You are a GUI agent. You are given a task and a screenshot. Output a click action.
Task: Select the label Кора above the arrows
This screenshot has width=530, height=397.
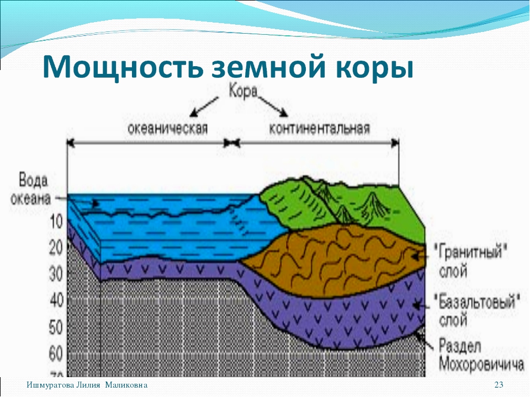pyautogui.click(x=243, y=92)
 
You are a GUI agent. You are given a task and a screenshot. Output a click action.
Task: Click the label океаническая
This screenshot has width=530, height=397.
pyautogui.click(x=167, y=128)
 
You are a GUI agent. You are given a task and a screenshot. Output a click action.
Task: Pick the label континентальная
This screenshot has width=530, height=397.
pyautogui.click(x=320, y=128)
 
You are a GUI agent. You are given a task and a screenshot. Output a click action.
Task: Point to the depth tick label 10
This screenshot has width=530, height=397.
pyautogui.click(x=56, y=222)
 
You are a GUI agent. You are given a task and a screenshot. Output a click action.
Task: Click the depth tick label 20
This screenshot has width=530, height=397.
pyautogui.click(x=56, y=248)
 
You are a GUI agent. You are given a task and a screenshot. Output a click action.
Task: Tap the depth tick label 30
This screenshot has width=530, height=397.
pyautogui.click(x=56, y=275)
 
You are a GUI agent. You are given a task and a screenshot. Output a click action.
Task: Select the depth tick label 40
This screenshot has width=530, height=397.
pyautogui.click(x=56, y=301)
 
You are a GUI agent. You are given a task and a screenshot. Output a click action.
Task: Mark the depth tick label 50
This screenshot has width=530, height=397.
pyautogui.click(x=56, y=327)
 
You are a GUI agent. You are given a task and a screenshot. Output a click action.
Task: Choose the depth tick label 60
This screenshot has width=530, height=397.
pyautogui.click(x=56, y=354)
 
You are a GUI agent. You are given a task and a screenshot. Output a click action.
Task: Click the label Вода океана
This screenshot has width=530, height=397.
pyautogui.click(x=30, y=189)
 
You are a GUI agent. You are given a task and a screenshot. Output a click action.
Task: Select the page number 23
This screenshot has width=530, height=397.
pyautogui.click(x=499, y=385)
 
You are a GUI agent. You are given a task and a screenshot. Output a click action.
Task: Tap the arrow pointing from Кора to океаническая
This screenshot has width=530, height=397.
pyautogui.click(x=204, y=106)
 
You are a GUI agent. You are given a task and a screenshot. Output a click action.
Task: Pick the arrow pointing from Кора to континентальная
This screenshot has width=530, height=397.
pyautogui.click(x=273, y=106)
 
